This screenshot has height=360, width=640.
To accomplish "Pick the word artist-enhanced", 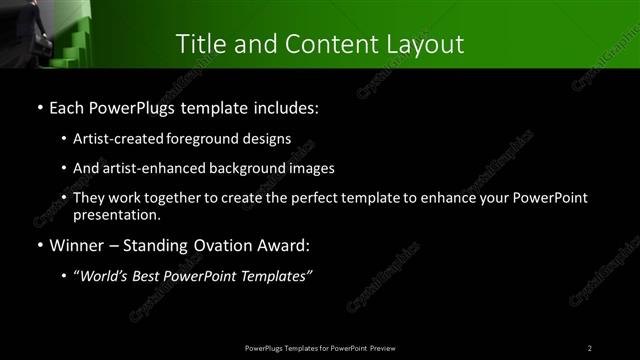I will (x=152, y=168).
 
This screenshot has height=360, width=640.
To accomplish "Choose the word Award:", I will (x=280, y=245).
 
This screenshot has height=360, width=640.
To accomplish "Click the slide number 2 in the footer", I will (x=590, y=347).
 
